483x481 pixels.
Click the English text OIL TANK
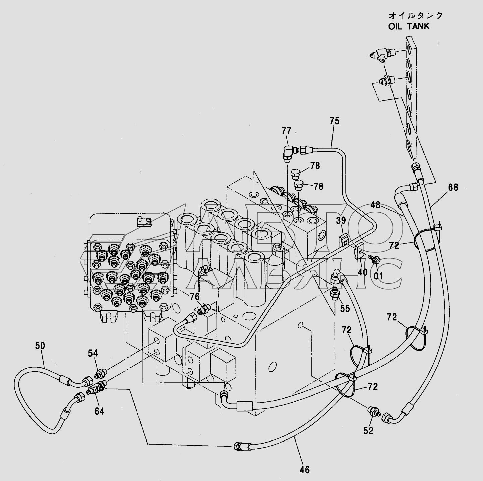pyautogui.click(x=409, y=26)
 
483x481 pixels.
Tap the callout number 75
pyautogui.click(x=334, y=121)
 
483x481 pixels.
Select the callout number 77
pyautogui.click(x=286, y=131)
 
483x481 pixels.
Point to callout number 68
pyautogui.click(x=453, y=187)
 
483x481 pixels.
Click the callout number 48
pyautogui.click(x=375, y=205)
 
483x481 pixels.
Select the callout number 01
pyautogui.click(x=378, y=276)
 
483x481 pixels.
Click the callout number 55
pyautogui.click(x=345, y=308)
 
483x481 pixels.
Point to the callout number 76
pyautogui.click(x=195, y=296)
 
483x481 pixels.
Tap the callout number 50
pyautogui.click(x=40, y=346)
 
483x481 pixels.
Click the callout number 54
pyautogui.click(x=93, y=353)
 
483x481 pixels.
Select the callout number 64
pyautogui.click(x=99, y=411)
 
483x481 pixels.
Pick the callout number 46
pyautogui.click(x=304, y=470)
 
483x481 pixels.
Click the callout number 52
pyautogui.click(x=368, y=431)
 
